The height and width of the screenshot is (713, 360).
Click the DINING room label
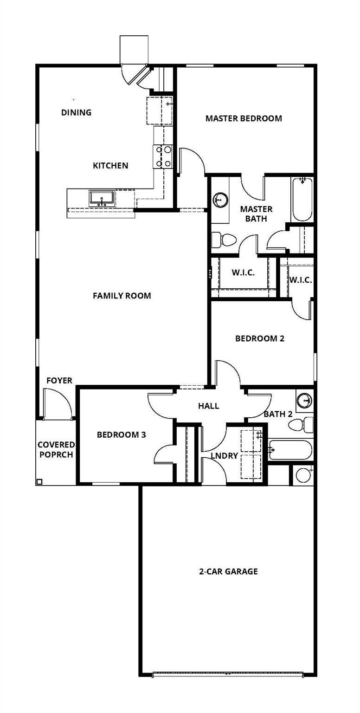click(76, 112)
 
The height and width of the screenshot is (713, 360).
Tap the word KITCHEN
click(110, 166)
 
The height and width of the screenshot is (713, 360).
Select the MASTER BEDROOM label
click(244, 118)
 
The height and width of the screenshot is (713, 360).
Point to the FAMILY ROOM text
click(122, 296)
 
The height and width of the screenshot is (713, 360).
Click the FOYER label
click(59, 381)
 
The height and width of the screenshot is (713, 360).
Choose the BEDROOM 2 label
click(260, 338)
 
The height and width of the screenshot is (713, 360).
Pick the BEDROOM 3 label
click(121, 435)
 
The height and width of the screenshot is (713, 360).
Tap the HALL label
click(208, 406)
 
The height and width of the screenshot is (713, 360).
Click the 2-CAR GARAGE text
click(228, 571)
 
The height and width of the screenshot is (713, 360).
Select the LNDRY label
click(224, 456)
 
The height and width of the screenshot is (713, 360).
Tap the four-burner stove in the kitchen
click(163, 157)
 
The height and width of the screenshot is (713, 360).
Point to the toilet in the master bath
click(224, 240)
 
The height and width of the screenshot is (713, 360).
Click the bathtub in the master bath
click(302, 199)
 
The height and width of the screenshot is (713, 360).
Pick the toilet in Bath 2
click(307, 424)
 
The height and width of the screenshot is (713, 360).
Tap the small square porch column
click(39, 482)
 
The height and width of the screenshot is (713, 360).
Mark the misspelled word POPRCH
click(56, 454)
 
